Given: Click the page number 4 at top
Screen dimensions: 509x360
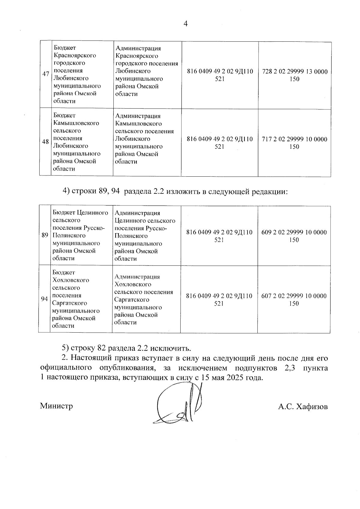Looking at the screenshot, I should point(185,24).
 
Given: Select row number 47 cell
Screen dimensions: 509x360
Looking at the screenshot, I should point(46,74).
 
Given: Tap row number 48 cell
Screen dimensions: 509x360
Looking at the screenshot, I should point(45,142).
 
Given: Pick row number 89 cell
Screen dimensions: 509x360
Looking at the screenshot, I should point(45,235).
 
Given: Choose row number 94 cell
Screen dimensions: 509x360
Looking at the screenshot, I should point(44,299).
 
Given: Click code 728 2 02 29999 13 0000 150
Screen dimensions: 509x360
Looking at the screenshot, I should point(295,75).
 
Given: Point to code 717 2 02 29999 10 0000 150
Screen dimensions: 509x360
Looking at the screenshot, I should point(294,143).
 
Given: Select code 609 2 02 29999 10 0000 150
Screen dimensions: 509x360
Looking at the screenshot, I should point(294,236).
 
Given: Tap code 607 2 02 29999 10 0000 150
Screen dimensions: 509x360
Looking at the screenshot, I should point(294,299).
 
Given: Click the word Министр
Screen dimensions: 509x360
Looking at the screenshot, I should point(56,406).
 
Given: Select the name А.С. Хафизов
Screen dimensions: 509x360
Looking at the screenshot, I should point(303,407).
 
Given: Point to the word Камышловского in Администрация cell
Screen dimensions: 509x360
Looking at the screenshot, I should point(138,124).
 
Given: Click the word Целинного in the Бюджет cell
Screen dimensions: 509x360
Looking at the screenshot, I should point(92,213).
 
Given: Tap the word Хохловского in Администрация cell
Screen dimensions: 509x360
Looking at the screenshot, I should point(133,284).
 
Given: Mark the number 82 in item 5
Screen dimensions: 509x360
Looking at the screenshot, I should point(102,348).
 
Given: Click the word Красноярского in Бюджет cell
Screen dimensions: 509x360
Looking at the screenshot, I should point(75,55).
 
